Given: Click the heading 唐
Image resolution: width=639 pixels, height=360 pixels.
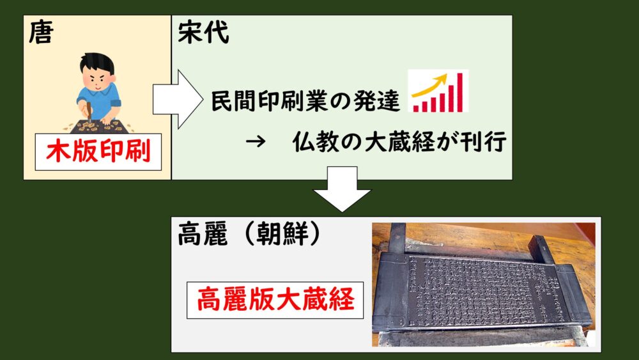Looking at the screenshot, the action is tap(41, 33).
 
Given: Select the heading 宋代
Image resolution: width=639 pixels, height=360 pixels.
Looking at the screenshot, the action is tap(203, 32).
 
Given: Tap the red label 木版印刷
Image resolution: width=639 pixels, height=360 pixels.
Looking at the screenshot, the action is tap(98, 152).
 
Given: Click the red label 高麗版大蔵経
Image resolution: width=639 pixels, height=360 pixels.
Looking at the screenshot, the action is tap(275, 300).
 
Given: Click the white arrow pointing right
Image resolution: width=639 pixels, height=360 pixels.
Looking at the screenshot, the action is tap(178, 100).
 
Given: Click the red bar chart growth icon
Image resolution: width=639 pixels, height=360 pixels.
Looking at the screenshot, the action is tap(438, 91).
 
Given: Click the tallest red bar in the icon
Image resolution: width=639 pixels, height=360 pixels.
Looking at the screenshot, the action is tap(459, 92).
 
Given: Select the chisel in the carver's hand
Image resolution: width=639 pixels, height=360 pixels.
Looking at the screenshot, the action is tap(89, 112).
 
